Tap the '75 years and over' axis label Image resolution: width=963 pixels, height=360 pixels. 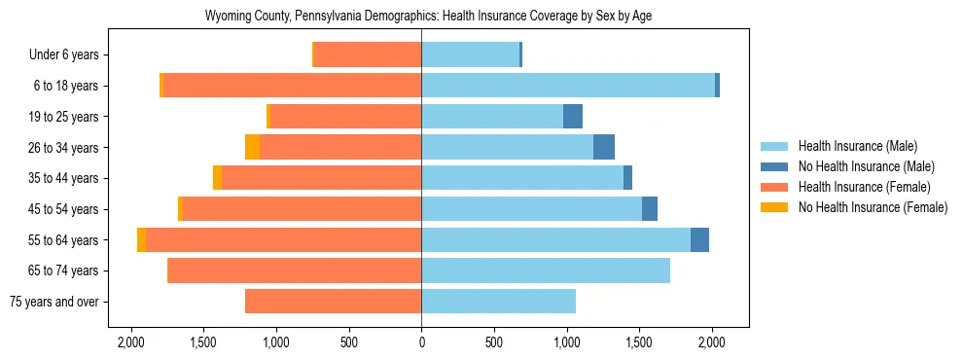click(53, 302)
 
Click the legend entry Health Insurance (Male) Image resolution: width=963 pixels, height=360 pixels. click(857, 146)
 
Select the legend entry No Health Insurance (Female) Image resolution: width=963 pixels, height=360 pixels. click(873, 207)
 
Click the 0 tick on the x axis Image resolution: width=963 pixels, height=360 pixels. click(421, 342)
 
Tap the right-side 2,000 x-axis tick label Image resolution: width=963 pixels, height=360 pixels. click(712, 342)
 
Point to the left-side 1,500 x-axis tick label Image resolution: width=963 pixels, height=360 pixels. click(203, 342)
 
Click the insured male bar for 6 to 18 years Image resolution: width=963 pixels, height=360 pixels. click(568, 86)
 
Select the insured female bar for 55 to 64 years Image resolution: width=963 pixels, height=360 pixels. click(283, 239)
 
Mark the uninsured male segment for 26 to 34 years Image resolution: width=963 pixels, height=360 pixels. click(604, 147)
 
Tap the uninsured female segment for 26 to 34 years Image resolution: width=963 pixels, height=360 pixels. click(252, 147)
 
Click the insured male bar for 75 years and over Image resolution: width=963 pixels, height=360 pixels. click(498, 302)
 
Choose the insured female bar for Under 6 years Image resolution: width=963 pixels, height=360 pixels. click(368, 54)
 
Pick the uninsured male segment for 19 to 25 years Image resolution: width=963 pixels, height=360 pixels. click(573, 117)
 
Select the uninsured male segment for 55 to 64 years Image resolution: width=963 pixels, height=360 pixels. click(699, 239)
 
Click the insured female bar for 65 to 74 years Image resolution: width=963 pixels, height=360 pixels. click(295, 270)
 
